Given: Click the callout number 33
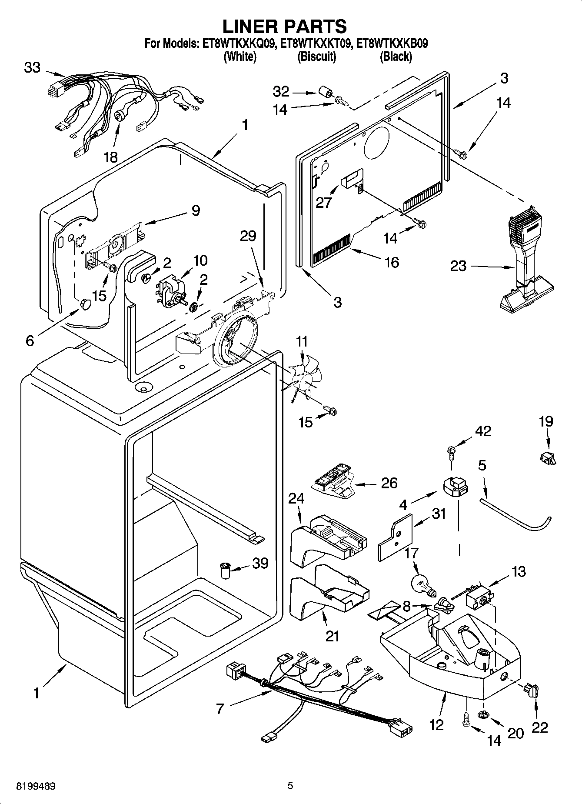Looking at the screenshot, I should click(x=33, y=68).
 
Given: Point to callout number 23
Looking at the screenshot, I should click(x=458, y=266).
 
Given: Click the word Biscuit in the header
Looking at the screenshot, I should click(x=316, y=57).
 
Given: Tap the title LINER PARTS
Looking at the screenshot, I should click(x=285, y=26).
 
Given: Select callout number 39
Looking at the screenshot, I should click(x=260, y=563).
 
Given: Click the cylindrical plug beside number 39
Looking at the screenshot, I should click(x=225, y=570).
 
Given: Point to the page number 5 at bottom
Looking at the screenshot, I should click(x=290, y=785).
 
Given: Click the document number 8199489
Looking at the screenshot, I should click(x=36, y=786).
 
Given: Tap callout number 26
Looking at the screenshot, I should click(x=389, y=483).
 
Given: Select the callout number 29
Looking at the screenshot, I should click(x=248, y=236).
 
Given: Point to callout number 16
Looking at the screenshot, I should click(x=392, y=262).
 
